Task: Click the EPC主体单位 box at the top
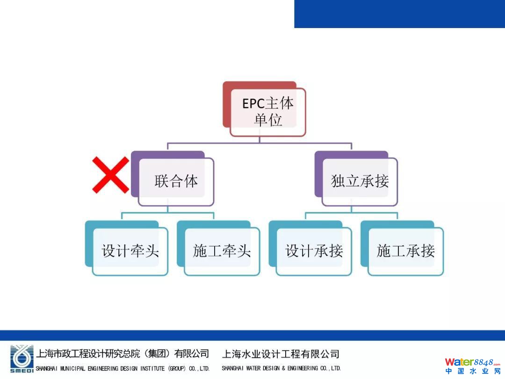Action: coord(267,112)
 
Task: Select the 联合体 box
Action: coord(176,181)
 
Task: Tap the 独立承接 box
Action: coord(359,181)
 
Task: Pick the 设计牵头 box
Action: coord(130,251)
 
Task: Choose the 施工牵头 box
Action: coord(222,251)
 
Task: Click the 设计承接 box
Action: coord(314,251)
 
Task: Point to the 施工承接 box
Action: coord(405,251)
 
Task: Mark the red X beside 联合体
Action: coord(110,175)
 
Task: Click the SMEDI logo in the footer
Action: coord(22,359)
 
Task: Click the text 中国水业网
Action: coord(472,372)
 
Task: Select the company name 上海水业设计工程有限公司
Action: coord(281,354)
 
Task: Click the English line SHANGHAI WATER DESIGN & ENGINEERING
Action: coord(281,368)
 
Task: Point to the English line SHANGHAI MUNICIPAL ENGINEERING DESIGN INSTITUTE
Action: coord(123,368)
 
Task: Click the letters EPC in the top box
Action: coord(253,103)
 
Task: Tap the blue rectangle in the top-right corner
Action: coord(399,14)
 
